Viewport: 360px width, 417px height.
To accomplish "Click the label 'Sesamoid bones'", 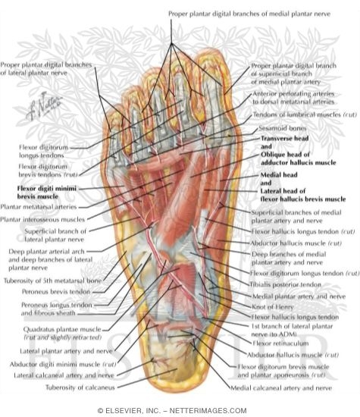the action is point(283,128).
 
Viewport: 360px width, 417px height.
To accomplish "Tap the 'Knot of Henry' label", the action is point(273,307).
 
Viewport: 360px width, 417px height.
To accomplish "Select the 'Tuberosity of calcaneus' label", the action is point(80,387).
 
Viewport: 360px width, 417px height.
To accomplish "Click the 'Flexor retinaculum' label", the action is point(280,343).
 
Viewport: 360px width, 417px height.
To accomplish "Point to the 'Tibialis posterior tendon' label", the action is point(285,285).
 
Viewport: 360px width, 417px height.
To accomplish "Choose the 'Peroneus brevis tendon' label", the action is point(56,292).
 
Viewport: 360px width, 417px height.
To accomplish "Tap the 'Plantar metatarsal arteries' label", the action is point(39,207).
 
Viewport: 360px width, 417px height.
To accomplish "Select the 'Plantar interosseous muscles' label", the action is point(42,219).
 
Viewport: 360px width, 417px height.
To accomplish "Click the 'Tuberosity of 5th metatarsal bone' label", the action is point(52,281).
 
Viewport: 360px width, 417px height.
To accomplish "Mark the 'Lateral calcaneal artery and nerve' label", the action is point(64,375).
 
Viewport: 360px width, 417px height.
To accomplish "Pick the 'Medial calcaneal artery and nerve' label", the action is point(281,388).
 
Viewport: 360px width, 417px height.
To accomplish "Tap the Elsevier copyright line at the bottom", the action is point(172,411).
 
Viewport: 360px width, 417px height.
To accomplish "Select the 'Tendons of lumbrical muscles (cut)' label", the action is point(305,114).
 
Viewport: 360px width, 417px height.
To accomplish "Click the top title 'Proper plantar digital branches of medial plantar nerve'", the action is point(249,14).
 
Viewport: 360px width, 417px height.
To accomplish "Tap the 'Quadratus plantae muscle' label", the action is point(62,329).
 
